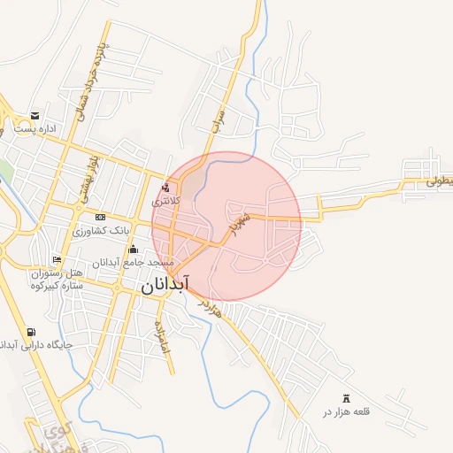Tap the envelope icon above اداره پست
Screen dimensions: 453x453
[35, 116]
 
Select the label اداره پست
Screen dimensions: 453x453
[39, 129]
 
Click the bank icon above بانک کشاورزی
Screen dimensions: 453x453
[100, 217]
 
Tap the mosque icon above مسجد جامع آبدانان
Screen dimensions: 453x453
[134, 249]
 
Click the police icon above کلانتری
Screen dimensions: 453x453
[165, 188]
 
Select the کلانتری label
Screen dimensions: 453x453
[165, 201]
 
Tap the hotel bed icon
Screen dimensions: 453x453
[58, 259]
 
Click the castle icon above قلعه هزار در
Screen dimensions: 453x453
[345, 399]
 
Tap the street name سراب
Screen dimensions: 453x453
[217, 120]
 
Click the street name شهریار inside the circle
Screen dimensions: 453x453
[243, 222]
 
